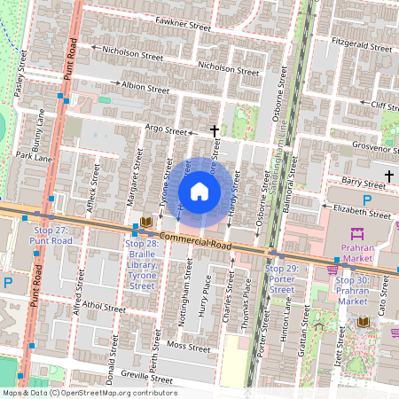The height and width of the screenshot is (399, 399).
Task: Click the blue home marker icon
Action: (199, 192)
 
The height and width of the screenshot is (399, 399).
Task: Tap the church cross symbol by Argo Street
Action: (214, 131)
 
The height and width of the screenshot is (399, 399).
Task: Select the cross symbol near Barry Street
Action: (390, 176)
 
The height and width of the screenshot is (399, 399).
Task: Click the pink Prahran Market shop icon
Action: (358, 233)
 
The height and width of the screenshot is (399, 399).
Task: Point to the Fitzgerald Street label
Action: (360, 45)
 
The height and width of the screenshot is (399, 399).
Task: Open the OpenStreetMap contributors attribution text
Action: (89, 392)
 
